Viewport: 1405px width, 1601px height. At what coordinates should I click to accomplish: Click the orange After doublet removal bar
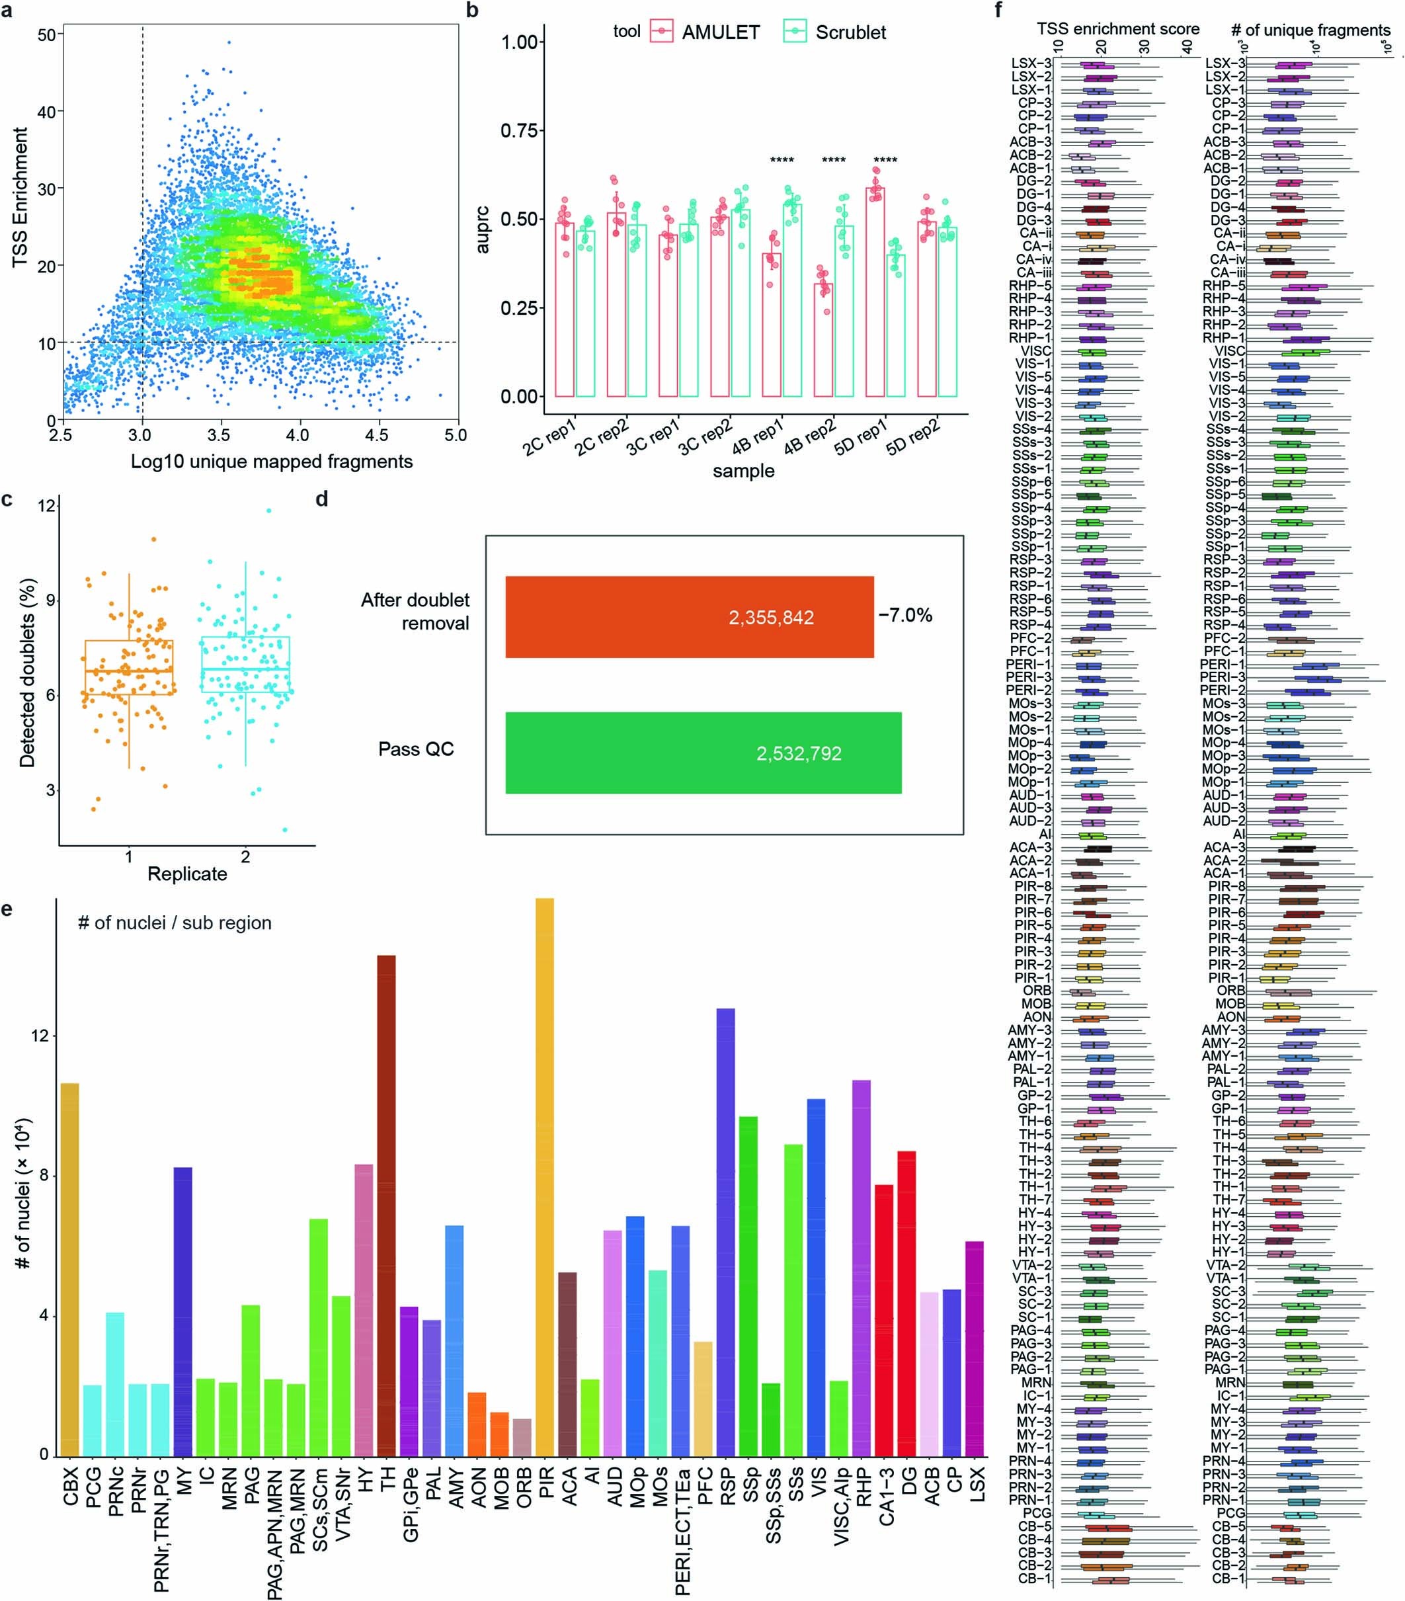tap(689, 617)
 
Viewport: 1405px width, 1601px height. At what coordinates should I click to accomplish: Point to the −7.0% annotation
tap(905, 615)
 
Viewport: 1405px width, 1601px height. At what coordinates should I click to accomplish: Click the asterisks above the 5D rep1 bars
tap(885, 161)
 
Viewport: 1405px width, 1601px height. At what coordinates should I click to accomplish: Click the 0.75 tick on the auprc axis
tap(519, 130)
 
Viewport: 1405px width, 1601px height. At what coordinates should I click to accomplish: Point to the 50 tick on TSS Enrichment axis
tap(46, 35)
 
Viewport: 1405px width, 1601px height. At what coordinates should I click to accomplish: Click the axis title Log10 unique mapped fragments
tap(271, 462)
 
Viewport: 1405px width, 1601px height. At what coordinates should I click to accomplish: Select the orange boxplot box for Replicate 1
tap(129, 667)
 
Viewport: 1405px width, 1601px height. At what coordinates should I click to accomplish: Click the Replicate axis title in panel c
tap(187, 874)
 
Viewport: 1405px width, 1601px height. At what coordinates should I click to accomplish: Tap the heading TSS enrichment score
tap(1117, 29)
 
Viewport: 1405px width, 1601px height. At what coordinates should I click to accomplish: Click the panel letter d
tap(321, 499)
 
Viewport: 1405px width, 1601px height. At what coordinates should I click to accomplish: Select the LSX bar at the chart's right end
tap(975, 1347)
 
